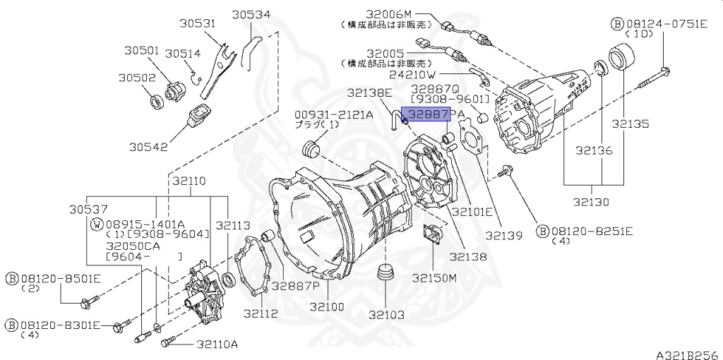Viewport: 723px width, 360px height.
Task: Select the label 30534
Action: tap(252, 14)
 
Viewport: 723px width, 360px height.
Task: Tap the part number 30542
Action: tap(150, 147)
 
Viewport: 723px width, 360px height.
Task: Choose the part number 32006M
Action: tap(388, 13)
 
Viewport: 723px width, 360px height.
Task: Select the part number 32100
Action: tap(328, 307)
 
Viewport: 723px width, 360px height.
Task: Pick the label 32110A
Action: tap(217, 344)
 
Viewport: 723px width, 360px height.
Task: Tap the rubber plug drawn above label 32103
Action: tap(385, 272)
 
